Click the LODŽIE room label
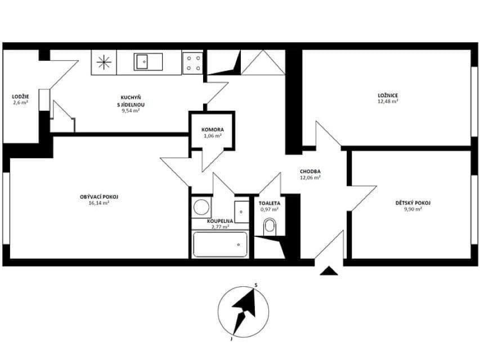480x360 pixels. pos(20,96)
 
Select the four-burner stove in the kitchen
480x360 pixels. pos(192,62)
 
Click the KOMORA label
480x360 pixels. pos(212,129)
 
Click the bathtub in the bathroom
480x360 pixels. pos(220,245)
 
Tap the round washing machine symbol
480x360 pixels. pos(201,208)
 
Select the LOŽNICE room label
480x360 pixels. pos(388,96)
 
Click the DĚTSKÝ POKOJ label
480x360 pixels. pos(413,202)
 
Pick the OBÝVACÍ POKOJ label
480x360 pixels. pos(98,196)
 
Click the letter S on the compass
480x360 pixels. pos(255,285)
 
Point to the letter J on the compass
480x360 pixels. pos(231,339)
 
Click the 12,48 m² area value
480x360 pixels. pos(388,102)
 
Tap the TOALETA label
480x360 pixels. pos(270,202)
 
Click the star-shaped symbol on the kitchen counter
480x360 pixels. pos(104,62)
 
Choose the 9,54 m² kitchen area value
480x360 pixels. pos(130,111)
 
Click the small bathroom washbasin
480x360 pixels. pos(241,211)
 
